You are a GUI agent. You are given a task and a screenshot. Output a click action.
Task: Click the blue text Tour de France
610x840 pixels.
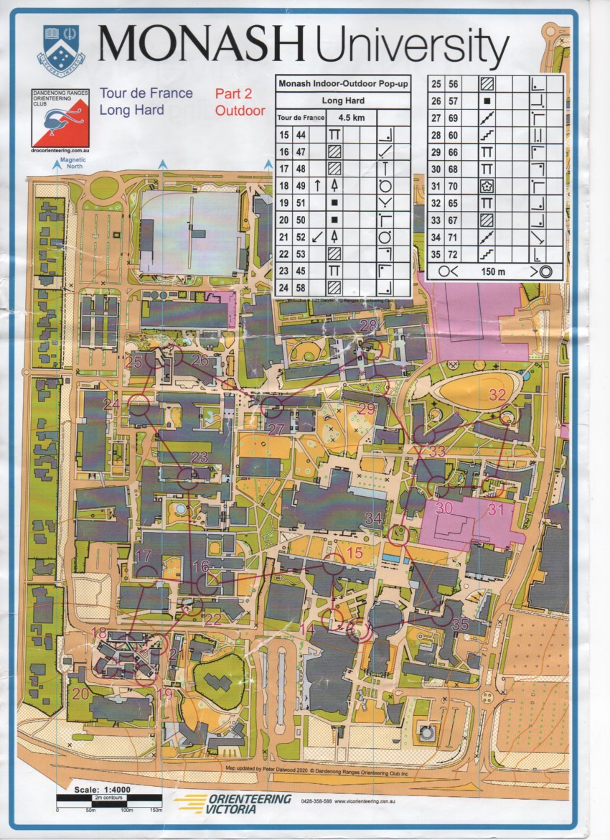click(146, 93)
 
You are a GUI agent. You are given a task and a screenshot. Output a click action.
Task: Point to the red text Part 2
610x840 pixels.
click(233, 93)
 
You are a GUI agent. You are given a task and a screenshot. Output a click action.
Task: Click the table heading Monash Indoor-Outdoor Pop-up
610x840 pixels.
click(342, 84)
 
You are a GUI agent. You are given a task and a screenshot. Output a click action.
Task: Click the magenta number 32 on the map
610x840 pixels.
click(497, 394)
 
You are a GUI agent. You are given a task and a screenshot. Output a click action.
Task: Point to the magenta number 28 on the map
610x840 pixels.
click(368, 326)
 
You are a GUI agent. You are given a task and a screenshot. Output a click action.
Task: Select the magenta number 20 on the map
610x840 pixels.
click(80, 694)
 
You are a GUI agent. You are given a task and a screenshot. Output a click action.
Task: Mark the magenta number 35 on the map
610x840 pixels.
click(460, 625)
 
